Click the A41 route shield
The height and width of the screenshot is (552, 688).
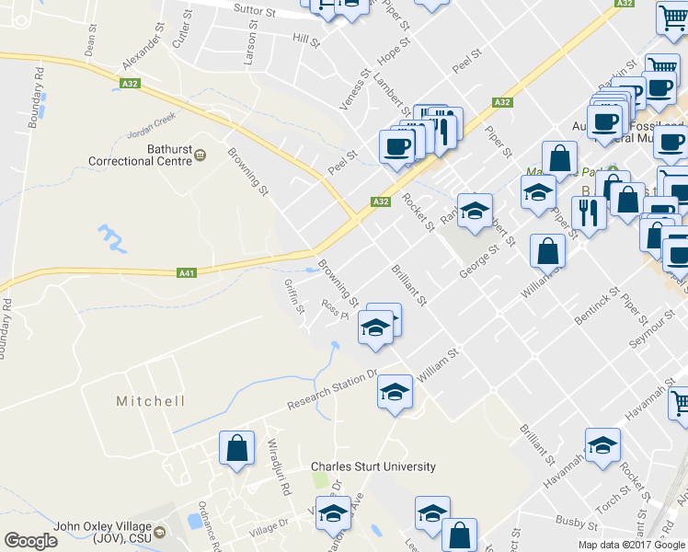click(187, 272)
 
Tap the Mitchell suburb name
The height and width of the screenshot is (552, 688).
click(151, 401)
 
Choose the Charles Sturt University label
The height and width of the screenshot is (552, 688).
click(373, 466)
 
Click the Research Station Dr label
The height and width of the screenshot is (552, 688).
click(332, 391)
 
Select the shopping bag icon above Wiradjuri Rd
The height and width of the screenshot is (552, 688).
click(237, 449)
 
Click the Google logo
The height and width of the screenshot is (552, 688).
click(30, 541)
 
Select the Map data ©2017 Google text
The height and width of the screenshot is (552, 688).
click(632, 545)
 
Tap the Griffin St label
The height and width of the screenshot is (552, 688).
click(295, 297)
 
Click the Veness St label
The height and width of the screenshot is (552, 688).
click(354, 90)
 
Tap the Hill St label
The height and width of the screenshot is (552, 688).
click(304, 40)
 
